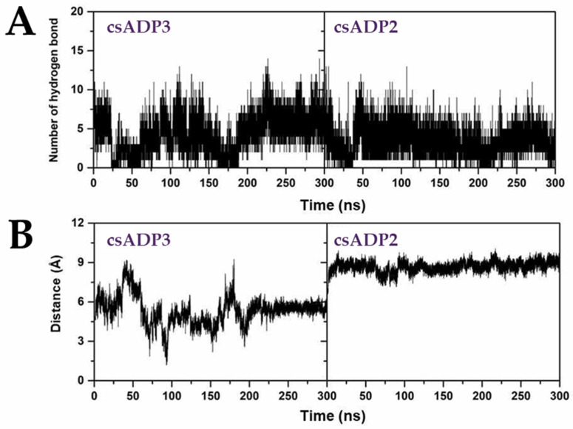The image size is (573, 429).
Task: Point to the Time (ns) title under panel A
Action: click(325, 201)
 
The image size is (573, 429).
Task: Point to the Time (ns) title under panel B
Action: click(325, 414)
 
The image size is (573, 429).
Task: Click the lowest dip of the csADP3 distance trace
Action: click(166, 363)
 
